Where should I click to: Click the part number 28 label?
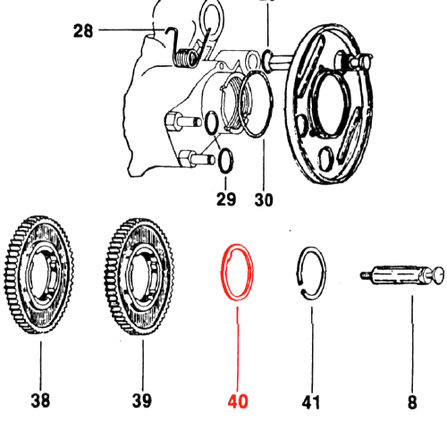pos(83,31)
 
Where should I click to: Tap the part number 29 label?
pos(226,199)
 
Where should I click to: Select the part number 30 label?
pos(264,199)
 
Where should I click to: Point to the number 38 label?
pos(40,401)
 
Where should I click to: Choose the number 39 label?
pos(142,401)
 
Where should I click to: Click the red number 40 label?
pos(238,401)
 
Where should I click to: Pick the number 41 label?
pos(311,402)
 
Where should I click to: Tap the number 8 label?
pos(412,402)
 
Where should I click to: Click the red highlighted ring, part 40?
pos(222,273)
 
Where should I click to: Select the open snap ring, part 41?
pos(325,273)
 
